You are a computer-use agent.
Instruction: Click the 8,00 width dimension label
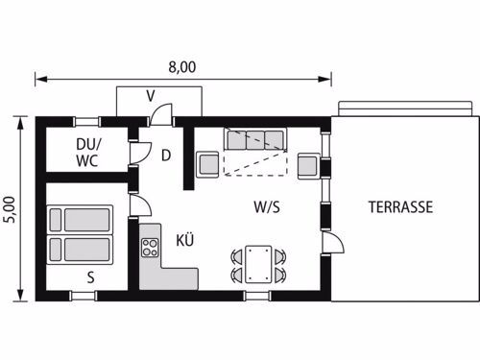182,67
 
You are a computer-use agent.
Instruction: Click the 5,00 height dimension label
9,209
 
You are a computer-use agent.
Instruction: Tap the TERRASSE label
400,207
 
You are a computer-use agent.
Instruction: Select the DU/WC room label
88,153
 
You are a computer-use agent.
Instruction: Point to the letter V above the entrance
151,96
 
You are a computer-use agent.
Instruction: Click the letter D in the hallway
166,156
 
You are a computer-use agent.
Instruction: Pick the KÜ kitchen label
185,240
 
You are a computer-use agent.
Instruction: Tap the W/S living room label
267,207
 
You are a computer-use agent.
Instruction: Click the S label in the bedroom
91,277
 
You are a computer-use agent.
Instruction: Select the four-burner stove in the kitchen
150,248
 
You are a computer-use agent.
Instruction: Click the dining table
258,264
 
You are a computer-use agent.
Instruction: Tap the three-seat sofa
255,139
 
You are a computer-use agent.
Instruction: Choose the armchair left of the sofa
208,164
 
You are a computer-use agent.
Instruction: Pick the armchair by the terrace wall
309,166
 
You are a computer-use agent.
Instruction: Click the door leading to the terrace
333,243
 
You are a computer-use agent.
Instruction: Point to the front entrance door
161,114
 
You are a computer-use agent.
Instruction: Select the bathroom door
140,153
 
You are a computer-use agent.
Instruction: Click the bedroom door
140,204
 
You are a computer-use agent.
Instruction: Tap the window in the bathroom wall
86,122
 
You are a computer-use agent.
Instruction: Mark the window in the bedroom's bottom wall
84,296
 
